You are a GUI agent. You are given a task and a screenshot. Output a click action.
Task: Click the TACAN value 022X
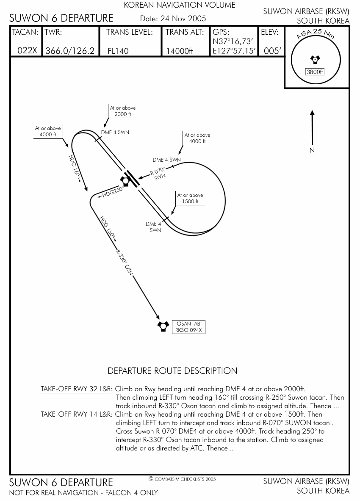[x=27, y=51]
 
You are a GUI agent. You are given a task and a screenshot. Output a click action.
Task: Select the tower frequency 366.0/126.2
[x=70, y=51]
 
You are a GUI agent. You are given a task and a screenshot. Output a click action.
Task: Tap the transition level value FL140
[x=118, y=51]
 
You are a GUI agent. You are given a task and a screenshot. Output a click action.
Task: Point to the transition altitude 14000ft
[x=180, y=51]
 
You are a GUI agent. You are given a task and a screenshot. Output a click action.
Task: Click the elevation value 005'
[x=272, y=51]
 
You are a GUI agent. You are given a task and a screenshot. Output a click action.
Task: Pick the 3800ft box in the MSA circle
[x=315, y=72]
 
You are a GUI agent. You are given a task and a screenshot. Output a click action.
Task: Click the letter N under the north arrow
[x=312, y=150]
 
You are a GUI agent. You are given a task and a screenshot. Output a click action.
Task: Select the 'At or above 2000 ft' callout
[x=123, y=111]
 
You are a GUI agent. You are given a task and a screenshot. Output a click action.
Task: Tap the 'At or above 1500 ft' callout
[x=190, y=198]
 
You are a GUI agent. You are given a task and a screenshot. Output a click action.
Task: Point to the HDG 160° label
[x=75, y=168]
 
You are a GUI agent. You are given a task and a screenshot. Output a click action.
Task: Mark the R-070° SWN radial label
[x=159, y=174]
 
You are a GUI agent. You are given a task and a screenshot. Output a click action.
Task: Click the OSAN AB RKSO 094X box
[x=188, y=327]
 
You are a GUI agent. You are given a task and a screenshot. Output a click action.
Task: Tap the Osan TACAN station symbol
[x=163, y=326]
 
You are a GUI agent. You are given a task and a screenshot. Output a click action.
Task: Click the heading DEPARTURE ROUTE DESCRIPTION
[x=172, y=371]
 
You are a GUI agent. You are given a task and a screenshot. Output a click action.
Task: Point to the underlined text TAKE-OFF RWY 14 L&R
[x=77, y=414]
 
